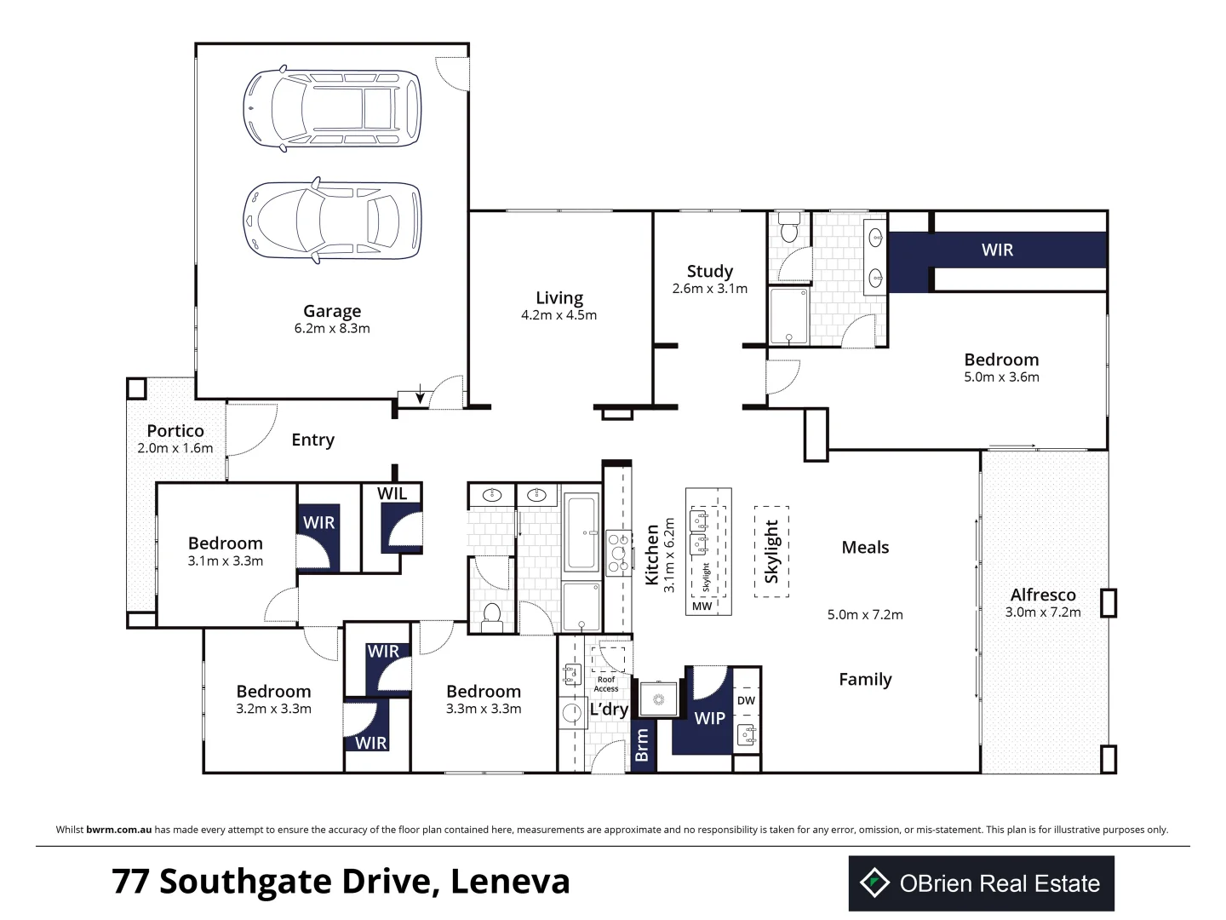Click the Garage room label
[332, 311]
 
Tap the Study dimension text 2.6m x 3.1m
[709, 288]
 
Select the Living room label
[559, 298]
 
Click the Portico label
[175, 431]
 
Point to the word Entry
[312, 440]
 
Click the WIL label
[392, 493]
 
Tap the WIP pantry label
[709, 718]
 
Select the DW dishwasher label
[746, 700]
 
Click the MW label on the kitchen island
[702, 606]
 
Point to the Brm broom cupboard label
[642, 745]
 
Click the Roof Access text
[606, 684]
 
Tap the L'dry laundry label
[609, 710]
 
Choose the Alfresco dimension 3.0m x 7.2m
[1043, 612]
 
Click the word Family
[865, 680]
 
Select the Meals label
[865, 548]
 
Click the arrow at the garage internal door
[420, 394]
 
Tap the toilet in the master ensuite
[789, 227]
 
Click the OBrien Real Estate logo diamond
[874, 883]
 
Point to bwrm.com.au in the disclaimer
[119, 830]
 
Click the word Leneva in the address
[510, 882]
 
